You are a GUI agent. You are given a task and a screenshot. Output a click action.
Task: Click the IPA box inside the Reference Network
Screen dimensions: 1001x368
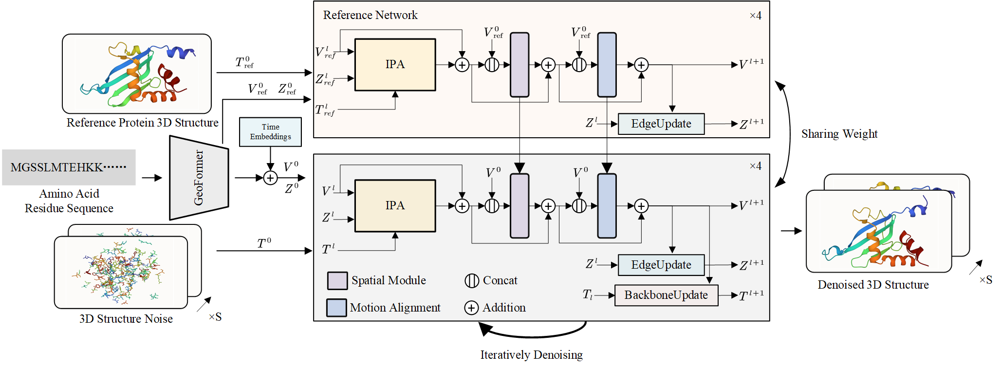[395, 65]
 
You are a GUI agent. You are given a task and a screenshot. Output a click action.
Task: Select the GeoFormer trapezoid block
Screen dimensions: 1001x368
[199, 178]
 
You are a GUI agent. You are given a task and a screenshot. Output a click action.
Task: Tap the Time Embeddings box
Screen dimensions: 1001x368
[270, 132]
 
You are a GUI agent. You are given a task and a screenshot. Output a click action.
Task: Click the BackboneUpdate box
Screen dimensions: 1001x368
[666, 295]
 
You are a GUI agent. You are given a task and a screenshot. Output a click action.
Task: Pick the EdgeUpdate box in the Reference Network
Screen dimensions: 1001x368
[661, 124]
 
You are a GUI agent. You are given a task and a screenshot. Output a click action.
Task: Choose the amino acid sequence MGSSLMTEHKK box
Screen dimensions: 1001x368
[69, 167]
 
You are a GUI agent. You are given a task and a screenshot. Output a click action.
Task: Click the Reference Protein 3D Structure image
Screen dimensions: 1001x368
[137, 74]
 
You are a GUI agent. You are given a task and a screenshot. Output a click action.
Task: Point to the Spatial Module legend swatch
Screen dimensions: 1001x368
[337, 281]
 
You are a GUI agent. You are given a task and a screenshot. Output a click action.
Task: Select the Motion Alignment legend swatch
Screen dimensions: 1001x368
[337, 308]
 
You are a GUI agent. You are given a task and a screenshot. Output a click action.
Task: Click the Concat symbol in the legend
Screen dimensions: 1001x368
[471, 281]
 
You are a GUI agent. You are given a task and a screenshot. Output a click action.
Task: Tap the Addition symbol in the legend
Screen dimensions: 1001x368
[471, 308]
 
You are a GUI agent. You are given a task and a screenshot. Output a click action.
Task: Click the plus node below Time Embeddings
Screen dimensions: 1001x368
[270, 178]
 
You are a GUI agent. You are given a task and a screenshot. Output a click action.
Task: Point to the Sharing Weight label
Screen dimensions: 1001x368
[839, 134]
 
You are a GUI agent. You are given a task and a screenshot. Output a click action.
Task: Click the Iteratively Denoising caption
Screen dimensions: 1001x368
[531, 355]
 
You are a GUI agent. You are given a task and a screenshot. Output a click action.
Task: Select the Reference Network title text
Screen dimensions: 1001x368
[370, 15]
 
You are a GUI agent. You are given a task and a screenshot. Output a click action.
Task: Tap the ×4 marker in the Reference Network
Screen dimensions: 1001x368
[755, 16]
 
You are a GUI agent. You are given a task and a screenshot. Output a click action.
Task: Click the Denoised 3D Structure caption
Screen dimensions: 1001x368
[873, 285]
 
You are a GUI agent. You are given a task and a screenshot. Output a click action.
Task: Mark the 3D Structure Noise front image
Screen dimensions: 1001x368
[121, 272]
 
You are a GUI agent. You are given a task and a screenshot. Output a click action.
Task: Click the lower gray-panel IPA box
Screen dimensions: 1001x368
[395, 206]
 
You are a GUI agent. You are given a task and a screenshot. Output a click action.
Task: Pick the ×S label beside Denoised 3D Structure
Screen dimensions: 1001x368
[986, 280]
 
